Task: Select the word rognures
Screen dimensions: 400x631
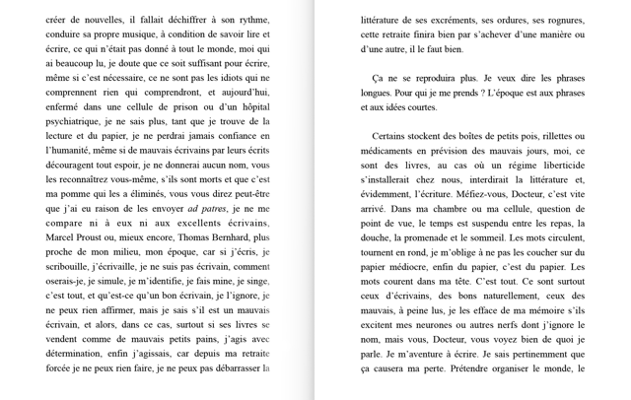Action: click(x=558, y=20)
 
